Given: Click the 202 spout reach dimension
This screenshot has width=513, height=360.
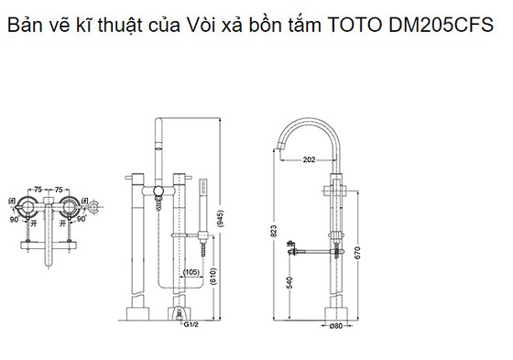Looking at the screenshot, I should [x=311, y=161].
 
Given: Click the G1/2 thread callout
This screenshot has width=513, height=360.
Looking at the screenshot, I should [x=191, y=323].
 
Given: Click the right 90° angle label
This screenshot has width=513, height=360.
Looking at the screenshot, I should [x=82, y=220].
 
